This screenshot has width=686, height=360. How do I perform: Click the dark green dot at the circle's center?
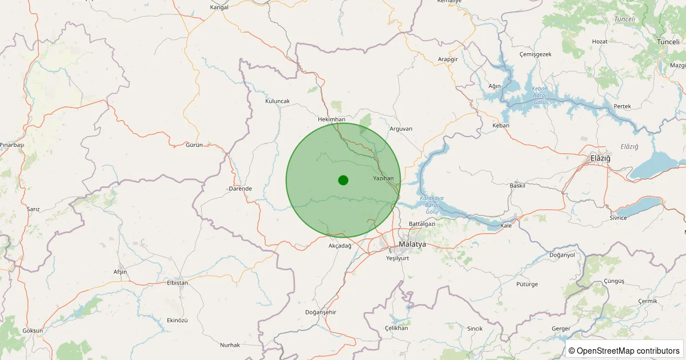[x=343, y=180]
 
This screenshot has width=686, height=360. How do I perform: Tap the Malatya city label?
[x=412, y=244]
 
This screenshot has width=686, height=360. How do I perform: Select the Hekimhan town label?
[x=332, y=119]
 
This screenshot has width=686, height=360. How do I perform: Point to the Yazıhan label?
[x=383, y=179]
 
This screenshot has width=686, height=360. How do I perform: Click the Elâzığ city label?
[x=600, y=158]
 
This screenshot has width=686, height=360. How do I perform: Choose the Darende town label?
[x=240, y=189]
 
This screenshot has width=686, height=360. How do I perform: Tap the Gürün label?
[x=194, y=145]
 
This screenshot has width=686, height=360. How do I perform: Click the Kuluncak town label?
[x=278, y=101]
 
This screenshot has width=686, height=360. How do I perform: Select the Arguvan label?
[x=401, y=129]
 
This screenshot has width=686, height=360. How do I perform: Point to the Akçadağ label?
[x=340, y=246]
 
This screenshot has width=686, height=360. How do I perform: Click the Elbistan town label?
[x=177, y=282]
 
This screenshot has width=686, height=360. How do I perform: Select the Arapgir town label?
[x=448, y=59]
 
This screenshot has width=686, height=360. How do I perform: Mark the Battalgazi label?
[x=422, y=223]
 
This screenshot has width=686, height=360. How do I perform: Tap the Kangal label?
[x=220, y=7]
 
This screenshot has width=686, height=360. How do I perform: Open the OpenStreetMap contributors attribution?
[x=625, y=351]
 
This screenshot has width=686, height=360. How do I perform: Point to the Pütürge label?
[x=527, y=283]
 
